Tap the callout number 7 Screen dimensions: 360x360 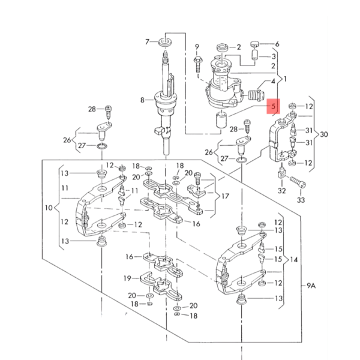[146, 41]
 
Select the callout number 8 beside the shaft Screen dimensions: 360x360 [142, 100]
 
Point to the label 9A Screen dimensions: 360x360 [311, 286]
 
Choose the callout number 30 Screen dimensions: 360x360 [325, 133]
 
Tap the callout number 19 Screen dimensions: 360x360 [127, 278]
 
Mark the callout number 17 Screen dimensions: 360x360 [225, 196]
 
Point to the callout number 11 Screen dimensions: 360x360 [64, 188]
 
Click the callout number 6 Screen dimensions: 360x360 [277, 44]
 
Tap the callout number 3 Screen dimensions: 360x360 [273, 56]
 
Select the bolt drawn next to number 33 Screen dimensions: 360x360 [298, 180]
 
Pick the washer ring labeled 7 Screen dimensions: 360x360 [164, 43]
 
